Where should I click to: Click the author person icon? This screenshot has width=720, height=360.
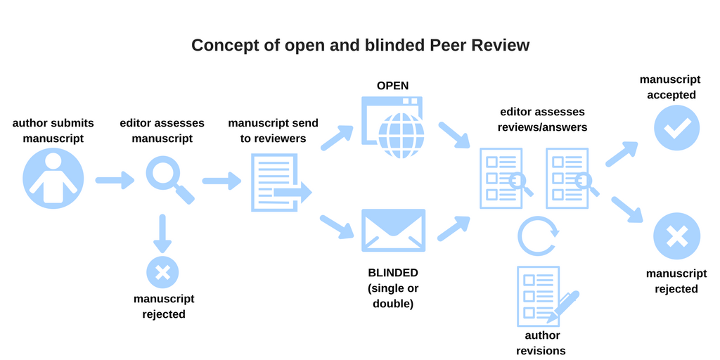point(53,179)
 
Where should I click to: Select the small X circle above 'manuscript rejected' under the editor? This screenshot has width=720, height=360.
point(162,272)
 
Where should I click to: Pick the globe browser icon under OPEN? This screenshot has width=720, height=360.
point(393,127)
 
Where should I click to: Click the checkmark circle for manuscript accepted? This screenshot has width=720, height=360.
point(676,127)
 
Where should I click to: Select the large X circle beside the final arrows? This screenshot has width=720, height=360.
point(676,236)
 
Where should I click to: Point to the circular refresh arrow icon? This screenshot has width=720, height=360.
point(538,236)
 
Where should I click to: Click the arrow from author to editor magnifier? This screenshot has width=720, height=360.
point(114,181)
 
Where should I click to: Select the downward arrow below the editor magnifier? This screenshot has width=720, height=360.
point(162,233)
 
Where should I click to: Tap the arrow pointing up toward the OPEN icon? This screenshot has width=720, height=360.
point(337,138)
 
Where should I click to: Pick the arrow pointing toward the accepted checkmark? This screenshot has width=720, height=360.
point(622,153)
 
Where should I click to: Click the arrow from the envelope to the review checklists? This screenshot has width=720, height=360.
point(454,228)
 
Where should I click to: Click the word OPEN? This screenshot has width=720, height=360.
point(393,86)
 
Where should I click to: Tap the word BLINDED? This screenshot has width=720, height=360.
point(393,273)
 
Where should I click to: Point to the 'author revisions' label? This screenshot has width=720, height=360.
point(541,343)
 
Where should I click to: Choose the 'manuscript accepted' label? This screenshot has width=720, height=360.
point(667,86)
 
